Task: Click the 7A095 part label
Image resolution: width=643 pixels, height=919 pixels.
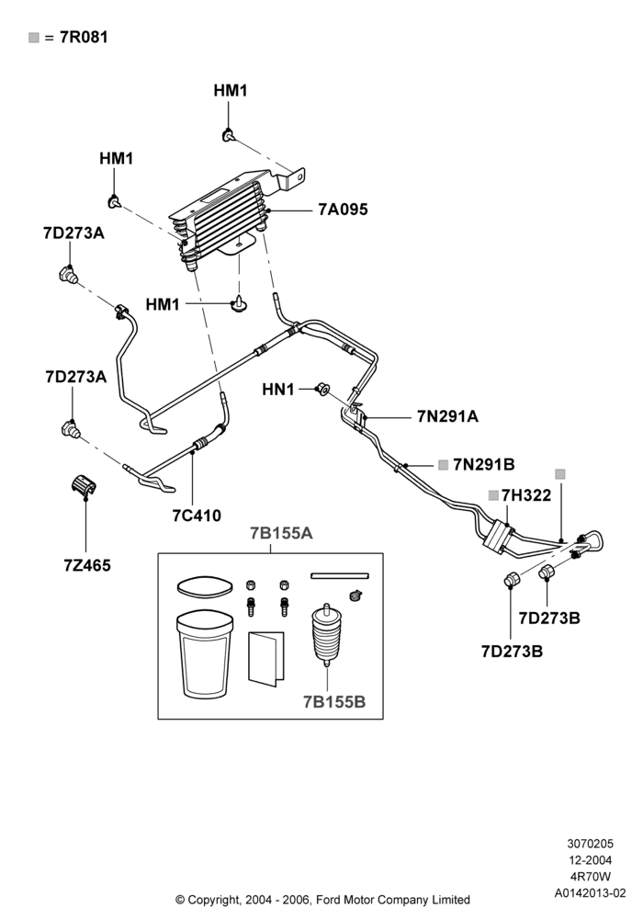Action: click(343, 210)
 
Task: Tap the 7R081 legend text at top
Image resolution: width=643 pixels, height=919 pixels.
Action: click(84, 37)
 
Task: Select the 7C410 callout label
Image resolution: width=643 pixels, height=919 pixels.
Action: click(197, 516)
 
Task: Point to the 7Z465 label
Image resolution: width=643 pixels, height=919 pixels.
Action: click(87, 565)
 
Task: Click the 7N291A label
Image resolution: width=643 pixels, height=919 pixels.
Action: click(447, 416)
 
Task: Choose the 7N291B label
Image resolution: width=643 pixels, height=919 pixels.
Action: click(484, 464)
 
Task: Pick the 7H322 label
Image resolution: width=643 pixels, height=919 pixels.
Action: click(525, 495)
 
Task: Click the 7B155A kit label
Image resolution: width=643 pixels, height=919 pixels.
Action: click(281, 533)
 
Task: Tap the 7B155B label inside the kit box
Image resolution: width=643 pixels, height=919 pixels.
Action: click(334, 701)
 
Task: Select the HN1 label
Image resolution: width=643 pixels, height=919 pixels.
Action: click(278, 389)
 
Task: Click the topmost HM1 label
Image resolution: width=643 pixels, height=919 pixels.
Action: click(231, 90)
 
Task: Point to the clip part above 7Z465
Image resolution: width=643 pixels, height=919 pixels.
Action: click(85, 487)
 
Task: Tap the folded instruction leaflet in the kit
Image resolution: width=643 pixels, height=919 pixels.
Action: click(266, 658)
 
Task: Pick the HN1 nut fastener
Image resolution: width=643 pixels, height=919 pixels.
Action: click(322, 388)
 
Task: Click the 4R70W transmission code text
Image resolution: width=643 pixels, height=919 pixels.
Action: click(591, 877)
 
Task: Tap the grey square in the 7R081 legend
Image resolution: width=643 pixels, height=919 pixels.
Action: click(33, 38)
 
